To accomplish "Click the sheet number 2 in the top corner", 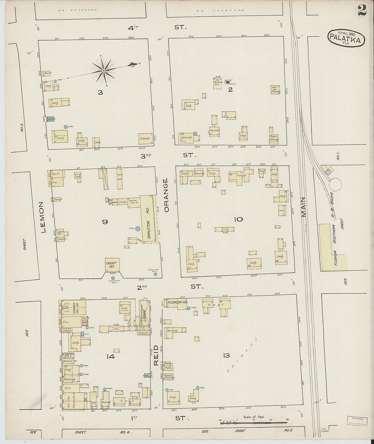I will click(362, 11).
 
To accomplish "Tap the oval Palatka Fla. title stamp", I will click(346, 38).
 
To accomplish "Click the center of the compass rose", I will click(103, 70).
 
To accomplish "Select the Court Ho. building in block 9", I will click(111, 265).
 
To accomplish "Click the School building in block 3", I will click(145, 139).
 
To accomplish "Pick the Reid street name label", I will click(156, 355).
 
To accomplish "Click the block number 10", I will click(238, 219).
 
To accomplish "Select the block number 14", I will click(110, 357).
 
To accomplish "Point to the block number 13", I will click(226, 356).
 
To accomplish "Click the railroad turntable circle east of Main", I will click(336, 185).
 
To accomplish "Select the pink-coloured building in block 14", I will click(85, 322).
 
